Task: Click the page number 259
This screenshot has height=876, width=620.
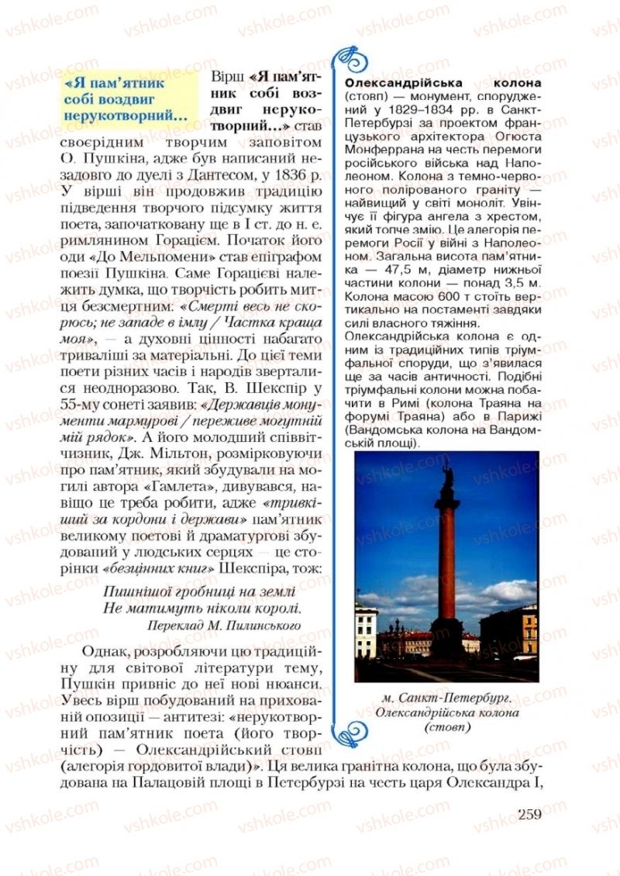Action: click(x=526, y=814)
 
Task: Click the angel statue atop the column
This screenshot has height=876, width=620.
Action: click(x=446, y=473)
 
